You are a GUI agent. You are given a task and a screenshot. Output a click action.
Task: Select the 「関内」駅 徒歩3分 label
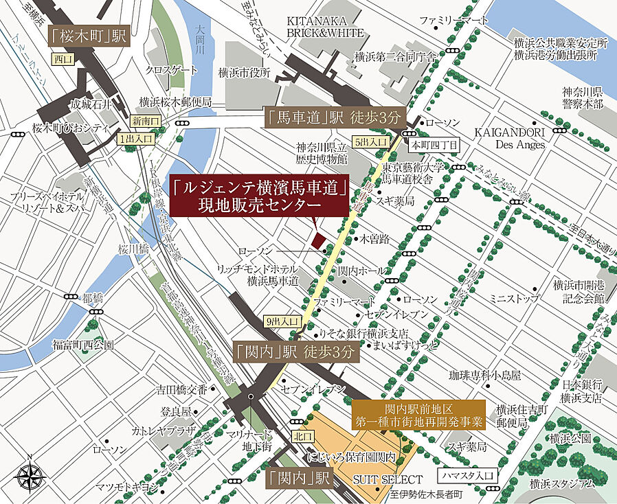296,353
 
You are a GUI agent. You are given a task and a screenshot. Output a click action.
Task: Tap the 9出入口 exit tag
282,321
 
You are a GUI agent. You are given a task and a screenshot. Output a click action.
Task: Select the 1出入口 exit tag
135,139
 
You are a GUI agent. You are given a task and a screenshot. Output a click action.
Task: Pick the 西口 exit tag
63,60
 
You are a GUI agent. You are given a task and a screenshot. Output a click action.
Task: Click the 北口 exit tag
302,435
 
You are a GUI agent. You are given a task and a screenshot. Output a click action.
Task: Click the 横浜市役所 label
244,72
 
